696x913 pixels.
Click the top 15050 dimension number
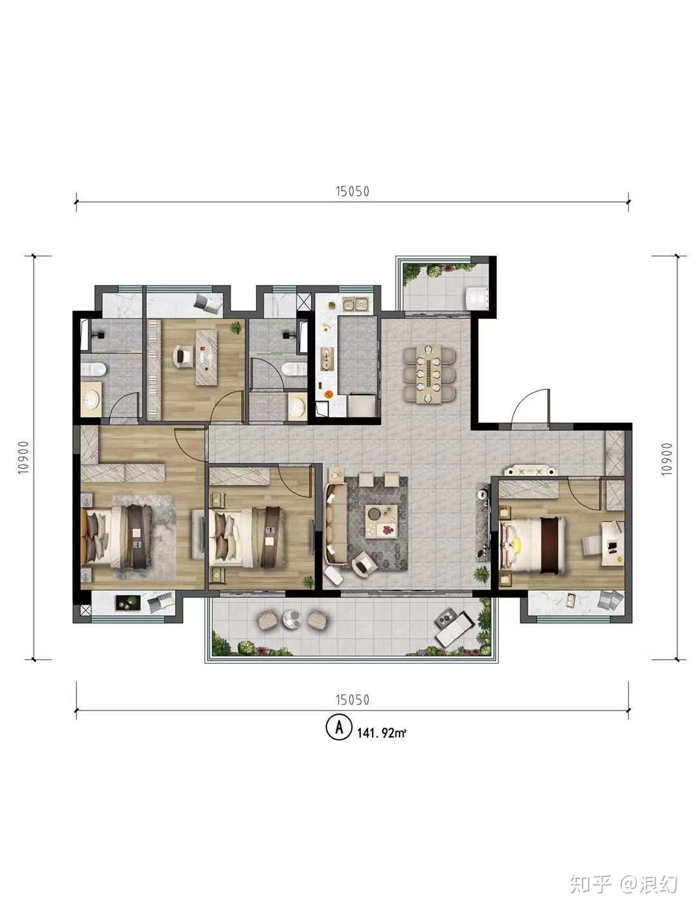352,191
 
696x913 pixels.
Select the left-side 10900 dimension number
24,457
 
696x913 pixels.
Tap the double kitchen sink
356,305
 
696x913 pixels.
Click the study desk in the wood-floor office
207,357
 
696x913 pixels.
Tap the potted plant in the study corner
236,328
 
